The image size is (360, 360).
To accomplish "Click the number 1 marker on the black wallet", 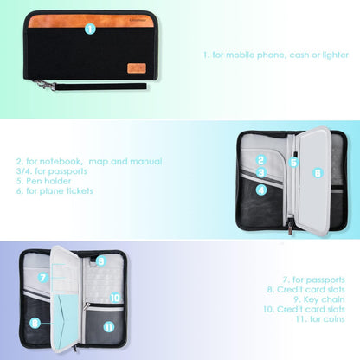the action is pos(90,29).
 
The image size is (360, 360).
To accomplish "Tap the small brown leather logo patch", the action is pos(137,68).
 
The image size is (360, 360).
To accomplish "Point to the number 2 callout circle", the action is pos(261,160).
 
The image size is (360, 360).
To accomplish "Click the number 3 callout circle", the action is pos(261,173).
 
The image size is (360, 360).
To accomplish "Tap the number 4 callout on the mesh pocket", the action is pos(261,190).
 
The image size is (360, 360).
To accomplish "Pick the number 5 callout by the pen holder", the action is pos(293,162).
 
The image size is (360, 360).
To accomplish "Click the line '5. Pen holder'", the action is pos(43,181).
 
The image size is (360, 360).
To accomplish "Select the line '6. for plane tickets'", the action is pos(55,191).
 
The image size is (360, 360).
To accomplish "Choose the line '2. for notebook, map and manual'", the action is pos(89,161).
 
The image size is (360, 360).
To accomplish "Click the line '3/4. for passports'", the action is pos(52,171).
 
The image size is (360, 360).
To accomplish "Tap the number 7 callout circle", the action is pos(43,278).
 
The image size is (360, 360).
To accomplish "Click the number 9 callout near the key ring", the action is pos(100,261).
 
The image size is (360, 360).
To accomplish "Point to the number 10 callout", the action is pos(115,298).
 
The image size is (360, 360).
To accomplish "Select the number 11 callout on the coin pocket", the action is pos(109,327).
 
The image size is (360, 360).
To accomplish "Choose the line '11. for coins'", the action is pos(320,319).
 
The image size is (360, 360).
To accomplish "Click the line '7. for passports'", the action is pos(314,280).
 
